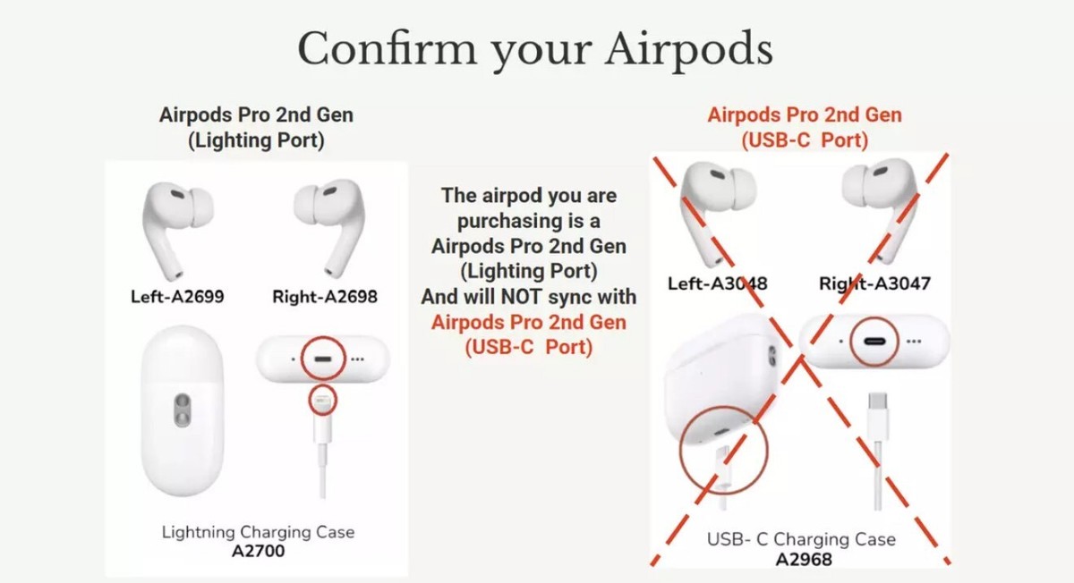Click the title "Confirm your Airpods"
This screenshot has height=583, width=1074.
point(534,48)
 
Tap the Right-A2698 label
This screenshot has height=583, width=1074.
point(325,296)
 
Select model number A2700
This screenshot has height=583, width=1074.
point(258,551)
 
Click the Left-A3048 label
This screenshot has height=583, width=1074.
point(718,283)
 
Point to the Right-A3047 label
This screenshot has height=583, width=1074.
point(874,283)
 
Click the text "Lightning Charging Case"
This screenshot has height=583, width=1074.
point(258,532)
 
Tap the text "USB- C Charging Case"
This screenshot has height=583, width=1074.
point(801,539)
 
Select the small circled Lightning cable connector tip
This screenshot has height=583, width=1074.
point(322,400)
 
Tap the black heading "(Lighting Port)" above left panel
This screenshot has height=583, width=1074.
point(256,139)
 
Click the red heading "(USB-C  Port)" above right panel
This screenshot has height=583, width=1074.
point(805,139)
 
